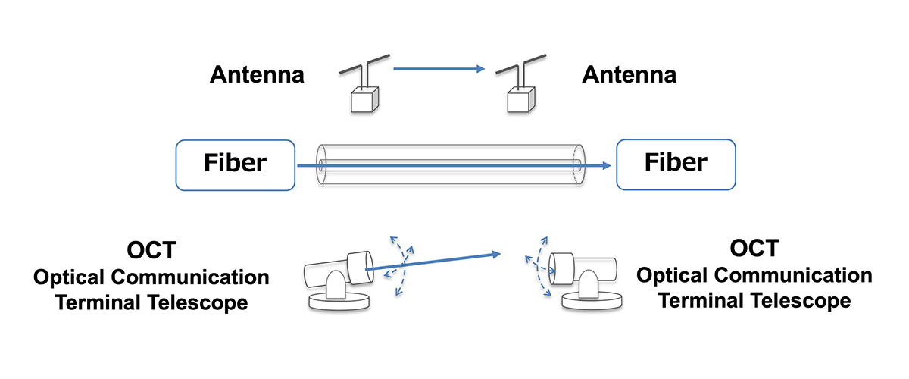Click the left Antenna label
257,75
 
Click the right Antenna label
629,75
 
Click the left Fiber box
235,164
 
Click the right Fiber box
676,164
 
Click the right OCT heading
754,250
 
